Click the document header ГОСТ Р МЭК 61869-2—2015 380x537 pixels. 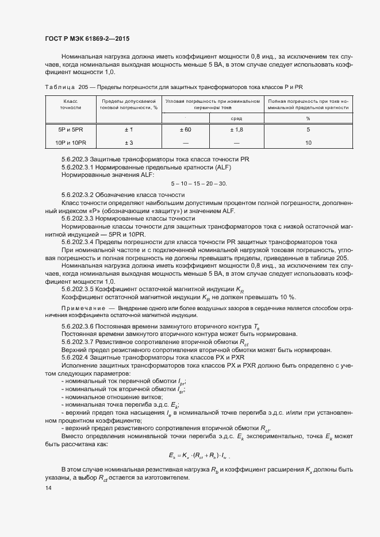86,39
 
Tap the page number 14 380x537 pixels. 48,488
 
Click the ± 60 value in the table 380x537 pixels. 185,130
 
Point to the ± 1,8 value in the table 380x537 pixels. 236,130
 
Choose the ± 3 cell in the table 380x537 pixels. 129,142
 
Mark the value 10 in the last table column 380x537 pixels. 308,142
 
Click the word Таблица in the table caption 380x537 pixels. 57,87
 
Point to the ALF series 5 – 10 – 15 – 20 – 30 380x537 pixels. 199,184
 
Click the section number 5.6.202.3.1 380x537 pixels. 80,167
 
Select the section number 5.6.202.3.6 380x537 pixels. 80,326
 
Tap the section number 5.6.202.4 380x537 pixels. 76,357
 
